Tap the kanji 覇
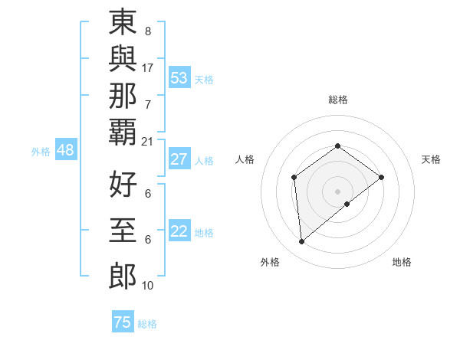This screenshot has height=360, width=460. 123,132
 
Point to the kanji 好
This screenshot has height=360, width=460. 123,185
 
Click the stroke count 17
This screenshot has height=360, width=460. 148,68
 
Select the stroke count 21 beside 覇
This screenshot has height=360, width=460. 148,141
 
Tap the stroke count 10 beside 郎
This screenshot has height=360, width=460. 148,286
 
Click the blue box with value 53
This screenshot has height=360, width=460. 179,77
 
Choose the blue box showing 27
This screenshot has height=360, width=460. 179,160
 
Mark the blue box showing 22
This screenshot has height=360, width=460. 179,232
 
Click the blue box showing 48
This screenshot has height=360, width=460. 65,151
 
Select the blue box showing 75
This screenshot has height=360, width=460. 122,323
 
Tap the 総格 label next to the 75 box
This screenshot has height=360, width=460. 147,324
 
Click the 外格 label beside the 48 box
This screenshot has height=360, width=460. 41,152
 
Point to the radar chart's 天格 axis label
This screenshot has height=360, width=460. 431,159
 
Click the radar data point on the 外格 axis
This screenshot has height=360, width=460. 302,242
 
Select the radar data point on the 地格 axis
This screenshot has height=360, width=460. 347,204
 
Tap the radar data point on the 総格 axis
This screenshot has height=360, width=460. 337,146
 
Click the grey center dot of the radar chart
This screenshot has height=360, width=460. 337,191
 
